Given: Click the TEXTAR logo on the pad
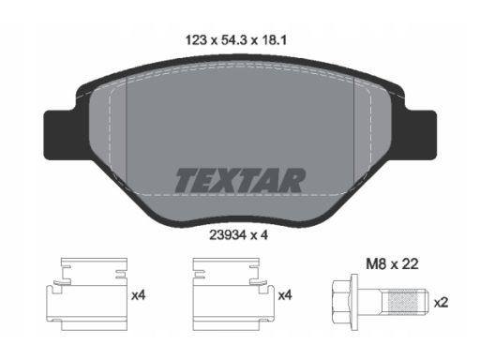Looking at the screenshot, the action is [x=240, y=181].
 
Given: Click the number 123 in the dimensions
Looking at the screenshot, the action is [x=196, y=40].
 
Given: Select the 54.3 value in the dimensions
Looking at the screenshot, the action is [x=234, y=40].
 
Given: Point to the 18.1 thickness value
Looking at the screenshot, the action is [x=274, y=40].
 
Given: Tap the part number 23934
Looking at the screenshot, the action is [x=228, y=235].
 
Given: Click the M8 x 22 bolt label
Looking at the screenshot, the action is [x=392, y=264].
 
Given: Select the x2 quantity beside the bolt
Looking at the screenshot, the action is [x=441, y=303].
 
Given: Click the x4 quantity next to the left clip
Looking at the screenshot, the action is [x=138, y=295].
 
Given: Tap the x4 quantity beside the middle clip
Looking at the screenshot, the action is [x=285, y=295].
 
